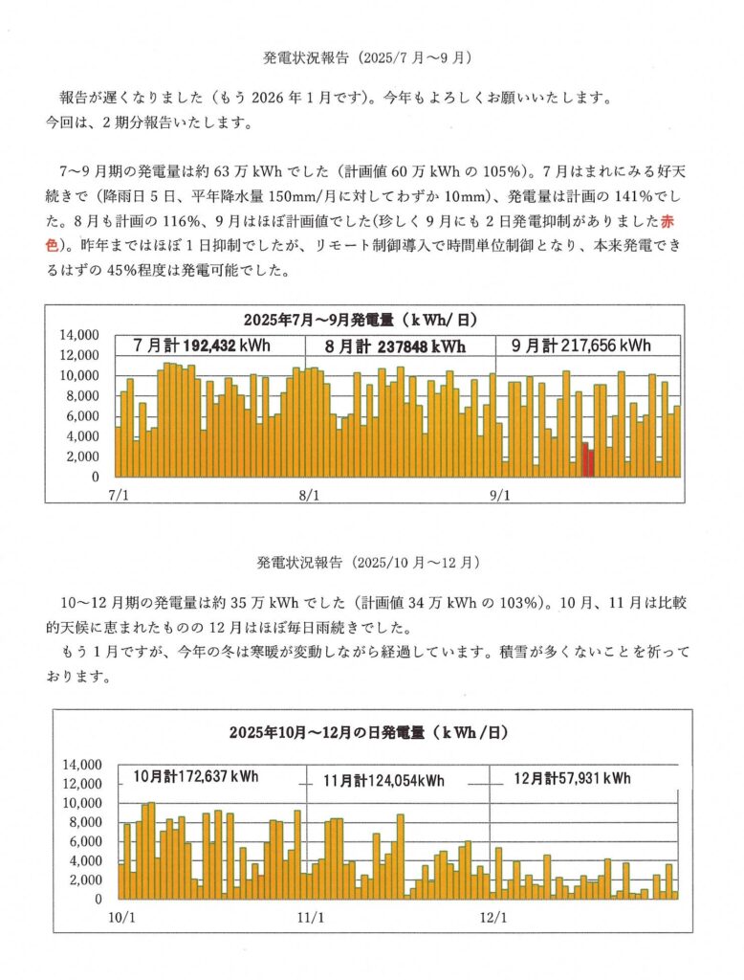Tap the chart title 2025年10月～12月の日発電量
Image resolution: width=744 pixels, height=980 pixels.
(367, 733)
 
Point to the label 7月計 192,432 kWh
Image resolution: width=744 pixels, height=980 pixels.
(190, 345)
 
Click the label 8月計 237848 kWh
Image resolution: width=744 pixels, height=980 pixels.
(395, 345)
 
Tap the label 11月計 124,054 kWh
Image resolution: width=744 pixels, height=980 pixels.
(383, 781)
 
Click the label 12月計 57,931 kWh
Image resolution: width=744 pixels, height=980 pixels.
(572, 777)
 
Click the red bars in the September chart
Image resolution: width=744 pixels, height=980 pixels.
(588, 458)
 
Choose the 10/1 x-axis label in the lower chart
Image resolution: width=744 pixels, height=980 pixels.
(121, 917)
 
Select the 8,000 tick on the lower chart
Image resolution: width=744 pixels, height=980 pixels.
(82, 822)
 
